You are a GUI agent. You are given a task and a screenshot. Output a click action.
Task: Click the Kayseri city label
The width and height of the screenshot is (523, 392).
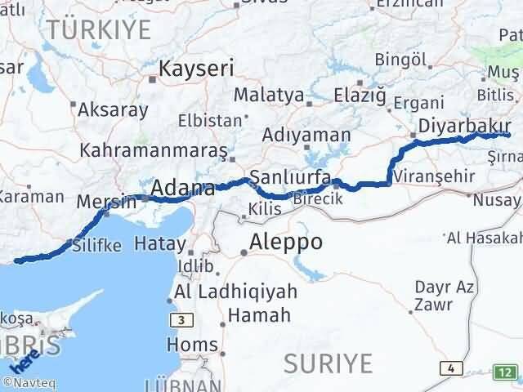[x=196, y=69]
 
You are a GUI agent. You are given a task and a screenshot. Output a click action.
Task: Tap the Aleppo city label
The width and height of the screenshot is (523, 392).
[x=286, y=242]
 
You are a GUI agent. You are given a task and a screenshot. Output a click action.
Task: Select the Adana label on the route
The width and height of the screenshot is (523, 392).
[x=181, y=189]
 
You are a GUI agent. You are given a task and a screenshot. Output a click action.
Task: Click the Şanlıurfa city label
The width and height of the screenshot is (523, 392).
[x=290, y=177]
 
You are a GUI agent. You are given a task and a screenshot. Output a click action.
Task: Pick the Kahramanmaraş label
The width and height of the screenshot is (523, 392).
[x=153, y=150]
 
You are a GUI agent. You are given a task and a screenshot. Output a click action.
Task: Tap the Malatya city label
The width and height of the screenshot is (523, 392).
[x=268, y=95]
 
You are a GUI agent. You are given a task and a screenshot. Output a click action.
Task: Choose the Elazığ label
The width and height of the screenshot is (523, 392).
[x=360, y=95]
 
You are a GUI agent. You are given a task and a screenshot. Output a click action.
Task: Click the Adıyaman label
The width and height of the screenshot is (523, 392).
[x=307, y=135]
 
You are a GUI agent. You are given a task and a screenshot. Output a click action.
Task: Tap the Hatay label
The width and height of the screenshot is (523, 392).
[x=159, y=243]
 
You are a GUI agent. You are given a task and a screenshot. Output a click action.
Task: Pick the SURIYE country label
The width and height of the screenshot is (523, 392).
[x=329, y=362]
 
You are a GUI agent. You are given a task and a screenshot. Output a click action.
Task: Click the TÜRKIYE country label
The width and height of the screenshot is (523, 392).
[x=99, y=29]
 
